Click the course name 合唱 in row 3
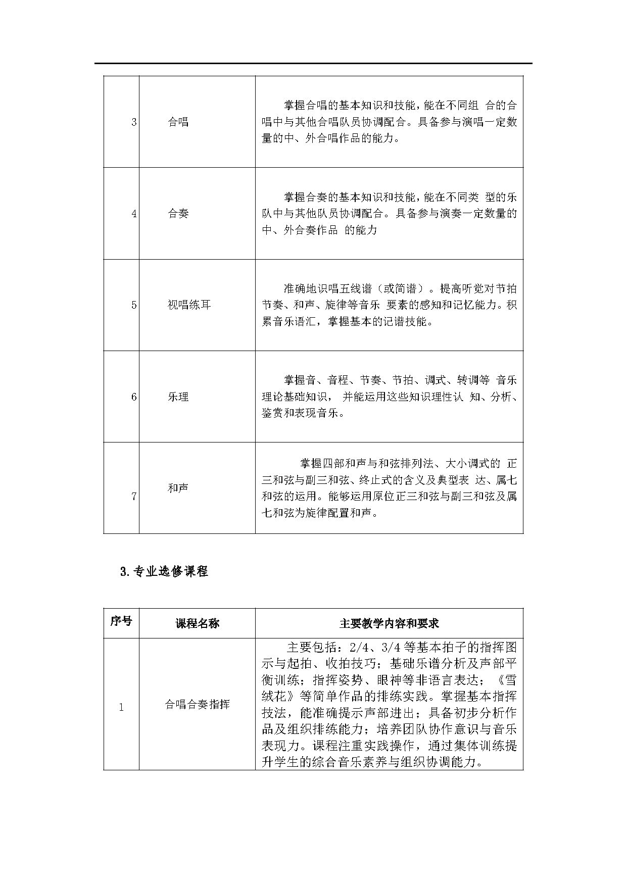pos(178,122)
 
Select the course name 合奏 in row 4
pos(178,214)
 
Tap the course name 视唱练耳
pos(189,305)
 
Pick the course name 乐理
pos(178,397)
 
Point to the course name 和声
pos(178,488)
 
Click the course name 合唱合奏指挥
pos(197,704)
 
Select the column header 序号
pos(121,621)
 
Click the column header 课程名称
pos(197,623)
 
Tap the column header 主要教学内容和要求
pos(389,623)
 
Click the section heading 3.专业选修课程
pos(164,572)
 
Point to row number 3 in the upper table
pos(134,122)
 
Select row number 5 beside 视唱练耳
pos(134,305)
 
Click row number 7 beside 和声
pos(134,497)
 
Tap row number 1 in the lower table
pos(121,707)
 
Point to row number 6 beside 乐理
pos(134,397)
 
